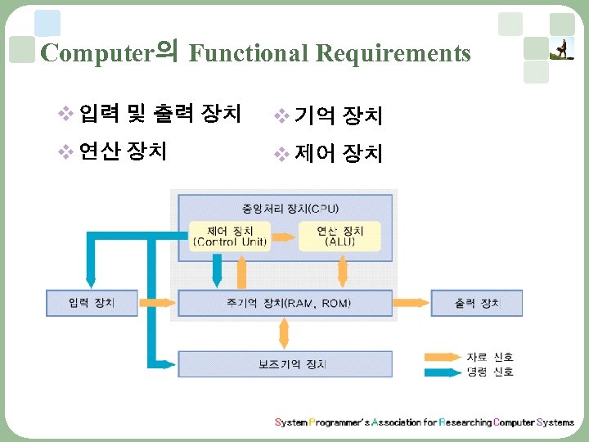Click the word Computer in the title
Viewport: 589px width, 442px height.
click(97, 54)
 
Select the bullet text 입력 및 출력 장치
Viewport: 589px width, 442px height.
click(160, 114)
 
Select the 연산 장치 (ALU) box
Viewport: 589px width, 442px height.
click(340, 236)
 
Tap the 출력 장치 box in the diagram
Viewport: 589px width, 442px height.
click(476, 304)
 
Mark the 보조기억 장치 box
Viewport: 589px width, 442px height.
click(285, 363)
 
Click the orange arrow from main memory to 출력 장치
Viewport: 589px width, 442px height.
click(411, 304)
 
